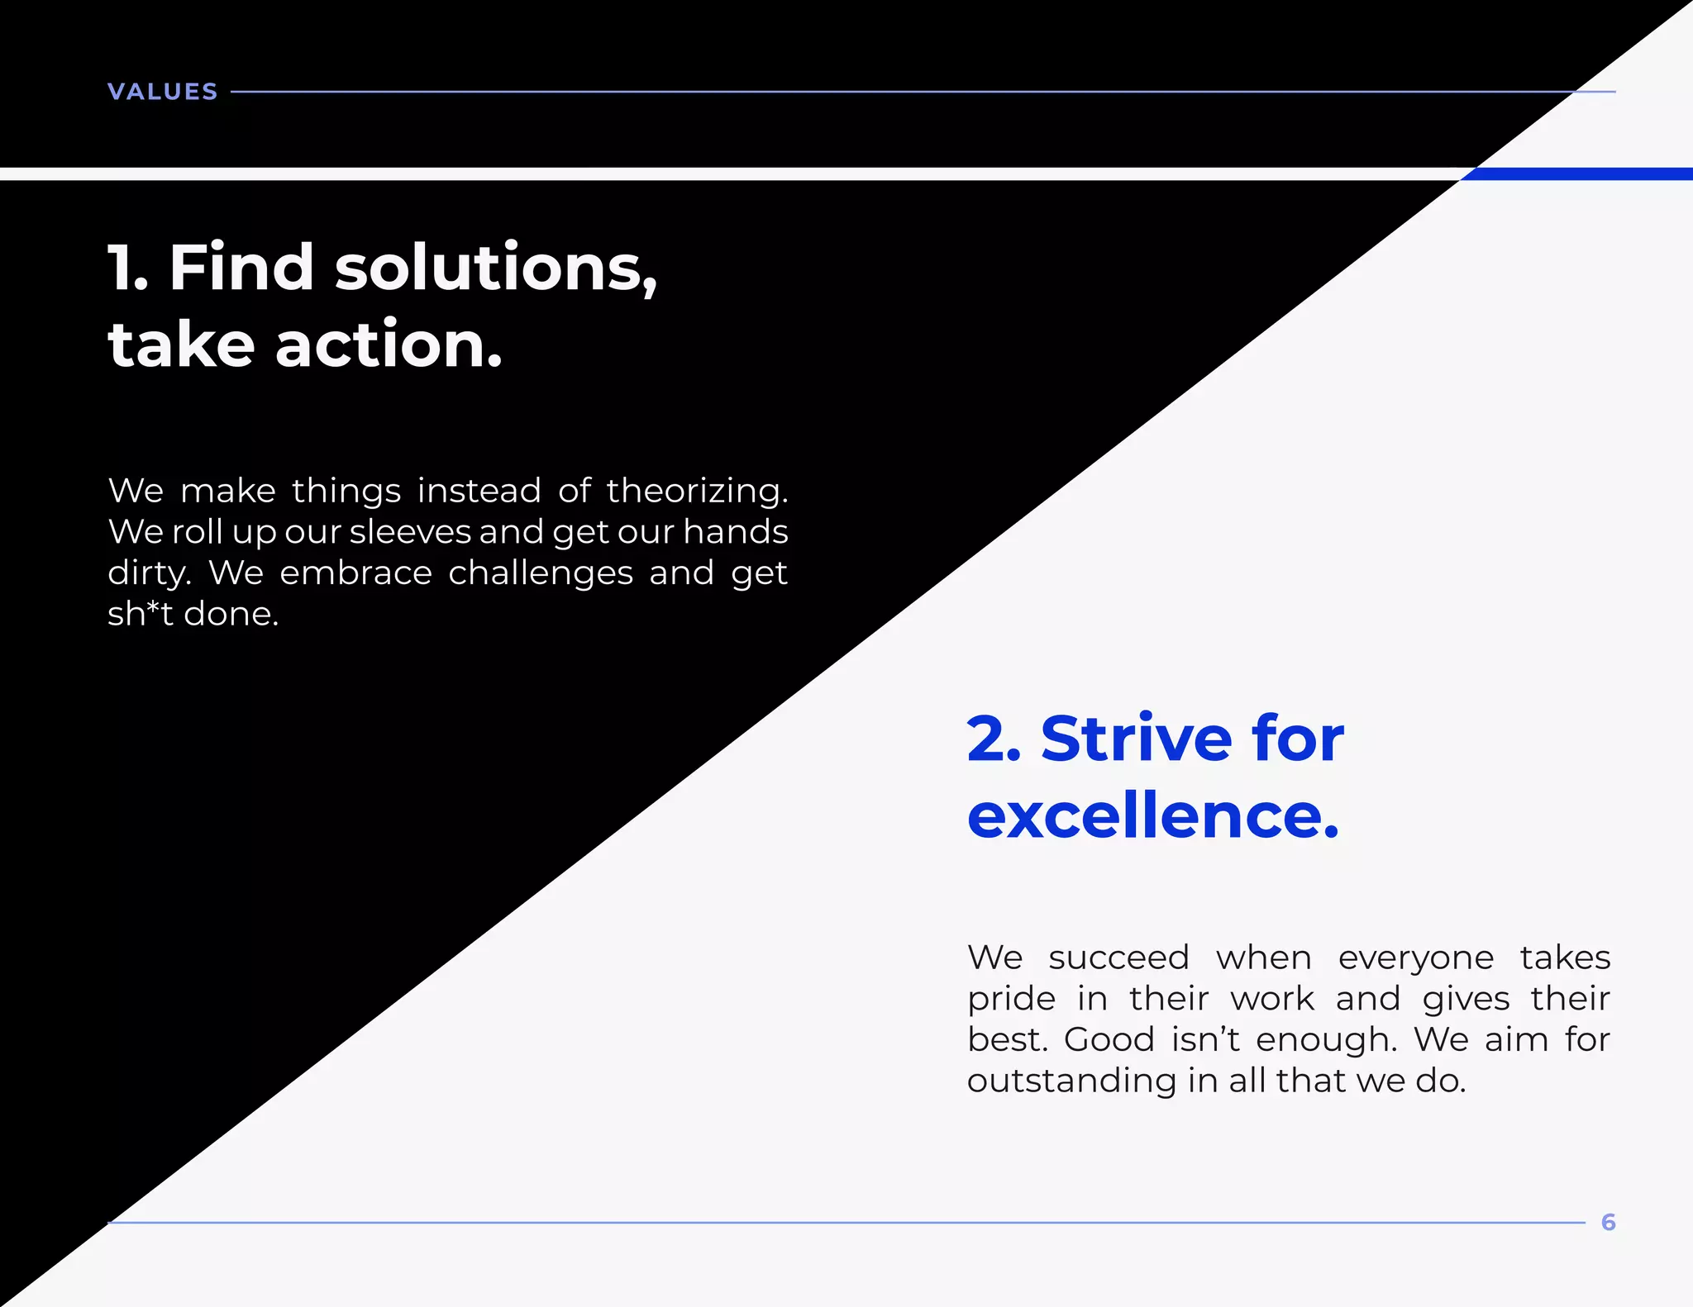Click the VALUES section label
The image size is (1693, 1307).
(163, 92)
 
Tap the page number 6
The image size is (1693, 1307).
(1608, 1222)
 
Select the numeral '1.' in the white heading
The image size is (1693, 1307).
(128, 269)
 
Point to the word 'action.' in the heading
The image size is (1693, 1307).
(389, 345)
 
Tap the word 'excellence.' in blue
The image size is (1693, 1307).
(1152, 815)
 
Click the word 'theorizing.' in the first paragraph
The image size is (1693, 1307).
(697, 491)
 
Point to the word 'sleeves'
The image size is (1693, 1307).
(409, 532)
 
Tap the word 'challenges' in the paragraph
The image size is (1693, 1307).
(541, 573)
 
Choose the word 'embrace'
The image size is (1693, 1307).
(355, 573)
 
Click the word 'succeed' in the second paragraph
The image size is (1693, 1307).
(1118, 958)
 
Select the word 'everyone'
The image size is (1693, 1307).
(1415, 958)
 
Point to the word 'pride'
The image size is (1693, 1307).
(1011, 1000)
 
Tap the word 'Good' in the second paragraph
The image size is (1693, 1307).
(1109, 1040)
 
